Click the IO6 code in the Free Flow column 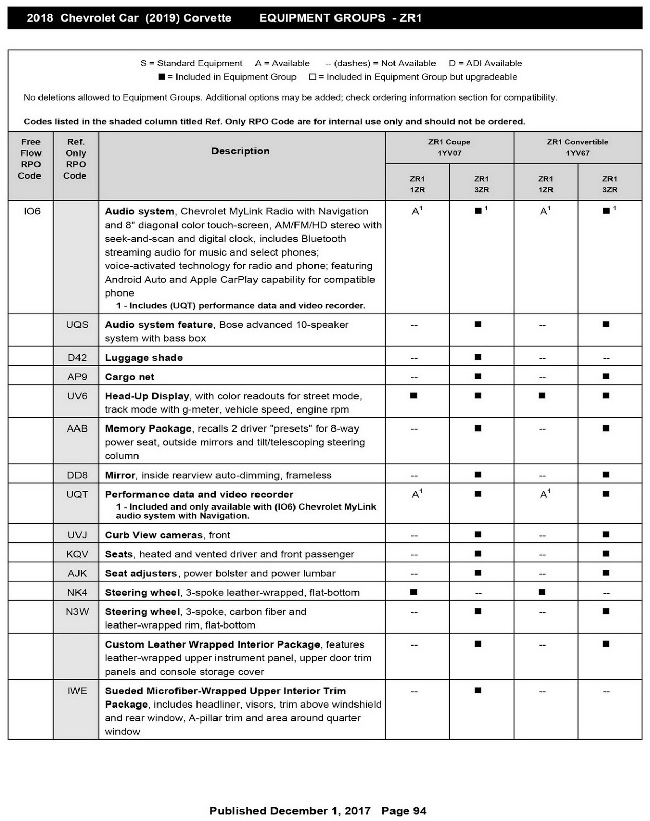pyautogui.click(x=32, y=211)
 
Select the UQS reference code pyautogui.click(x=77, y=325)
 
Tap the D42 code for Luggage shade pyautogui.click(x=77, y=358)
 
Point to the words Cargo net pyautogui.click(x=130, y=377)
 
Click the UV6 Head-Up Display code pyautogui.click(x=77, y=396)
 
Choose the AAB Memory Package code pyautogui.click(x=77, y=428)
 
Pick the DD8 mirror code pyautogui.click(x=77, y=475)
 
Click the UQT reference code pyautogui.click(x=77, y=494)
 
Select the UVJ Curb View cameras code pyautogui.click(x=77, y=535)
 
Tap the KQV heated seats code pyautogui.click(x=77, y=554)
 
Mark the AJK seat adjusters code pyautogui.click(x=77, y=573)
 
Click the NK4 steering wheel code pyautogui.click(x=77, y=593)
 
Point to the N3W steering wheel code pyautogui.click(x=77, y=612)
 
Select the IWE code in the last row pyautogui.click(x=77, y=691)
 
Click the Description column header pyautogui.click(x=241, y=151)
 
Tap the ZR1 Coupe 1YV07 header pyautogui.click(x=449, y=147)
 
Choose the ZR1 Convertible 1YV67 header pyautogui.click(x=578, y=147)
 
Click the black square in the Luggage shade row pyautogui.click(x=478, y=357)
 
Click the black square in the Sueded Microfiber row pyautogui.click(x=478, y=691)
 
